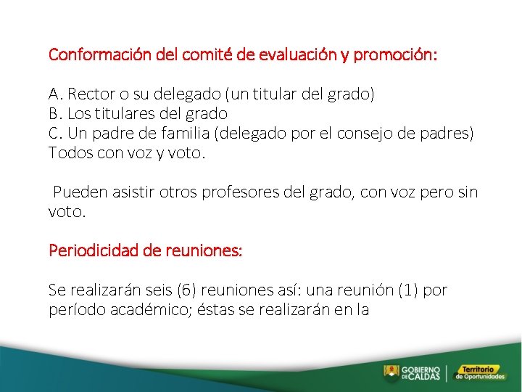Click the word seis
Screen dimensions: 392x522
[157, 290]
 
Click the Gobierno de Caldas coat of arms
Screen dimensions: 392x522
[391, 372]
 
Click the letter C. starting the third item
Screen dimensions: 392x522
[55, 133]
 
